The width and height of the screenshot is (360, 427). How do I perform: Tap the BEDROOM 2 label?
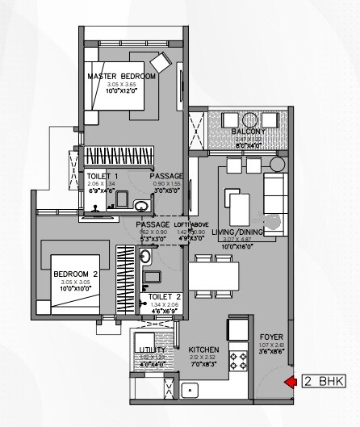75,274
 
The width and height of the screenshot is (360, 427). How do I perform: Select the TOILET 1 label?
103,176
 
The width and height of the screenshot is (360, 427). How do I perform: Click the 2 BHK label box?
323,381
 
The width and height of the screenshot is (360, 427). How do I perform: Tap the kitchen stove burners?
238,359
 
